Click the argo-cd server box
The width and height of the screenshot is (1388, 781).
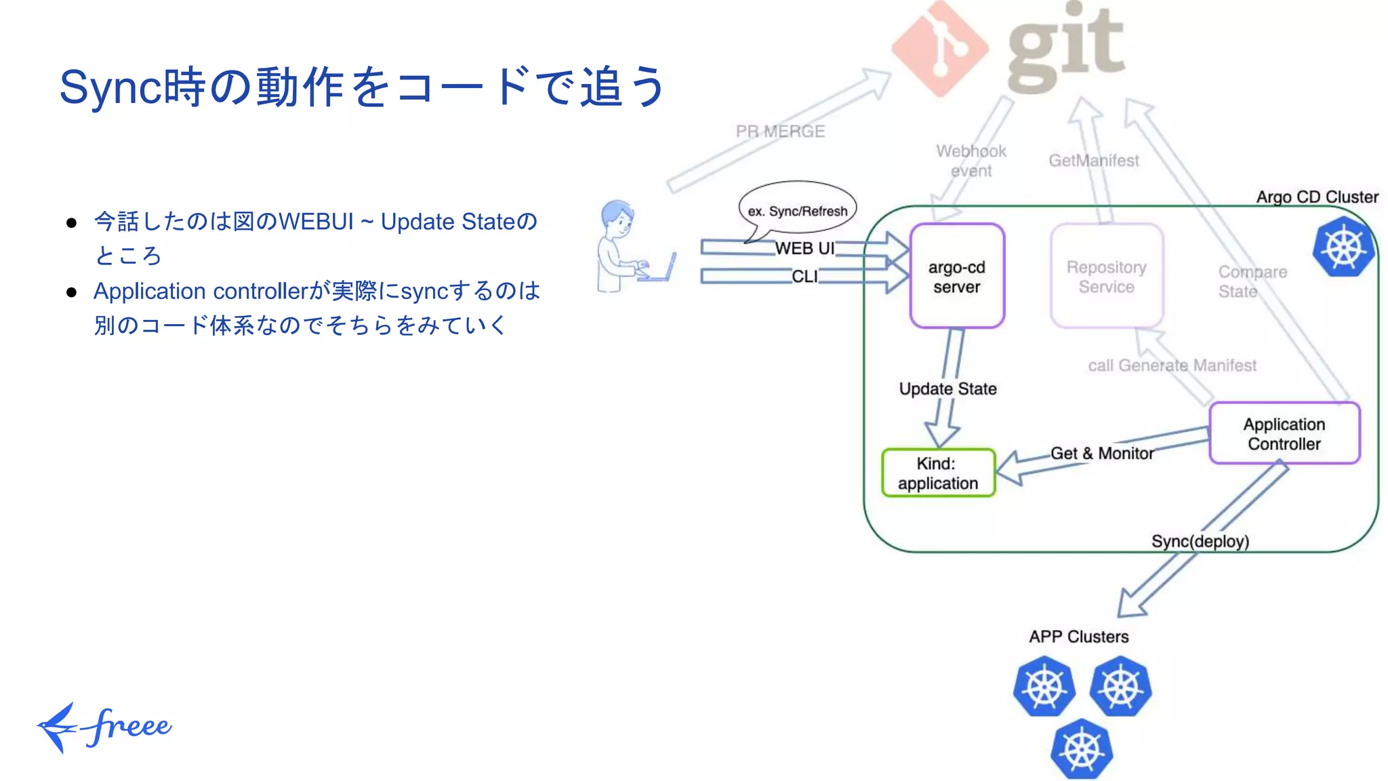[x=956, y=276]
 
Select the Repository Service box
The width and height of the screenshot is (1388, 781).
[x=1106, y=276]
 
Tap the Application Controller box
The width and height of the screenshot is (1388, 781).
[x=1284, y=433]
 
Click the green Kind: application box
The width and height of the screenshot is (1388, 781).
[x=938, y=473]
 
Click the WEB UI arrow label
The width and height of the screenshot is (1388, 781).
[x=804, y=248]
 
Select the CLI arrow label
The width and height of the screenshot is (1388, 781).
[x=804, y=277]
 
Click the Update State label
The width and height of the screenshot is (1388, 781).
[x=947, y=388]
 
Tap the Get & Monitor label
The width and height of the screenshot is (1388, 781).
[x=1101, y=453]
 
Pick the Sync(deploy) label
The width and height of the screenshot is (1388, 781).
[x=1200, y=541]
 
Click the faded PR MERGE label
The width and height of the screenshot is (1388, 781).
[x=780, y=131]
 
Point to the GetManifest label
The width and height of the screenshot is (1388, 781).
[x=1093, y=161]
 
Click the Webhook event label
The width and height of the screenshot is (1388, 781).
[x=971, y=161]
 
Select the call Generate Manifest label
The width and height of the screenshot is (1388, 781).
[x=1172, y=365]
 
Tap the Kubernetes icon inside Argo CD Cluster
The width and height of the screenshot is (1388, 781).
[x=1343, y=247]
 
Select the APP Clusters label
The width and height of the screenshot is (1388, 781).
[x=1078, y=637]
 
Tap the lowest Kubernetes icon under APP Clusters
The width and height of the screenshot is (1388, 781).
[x=1082, y=749]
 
